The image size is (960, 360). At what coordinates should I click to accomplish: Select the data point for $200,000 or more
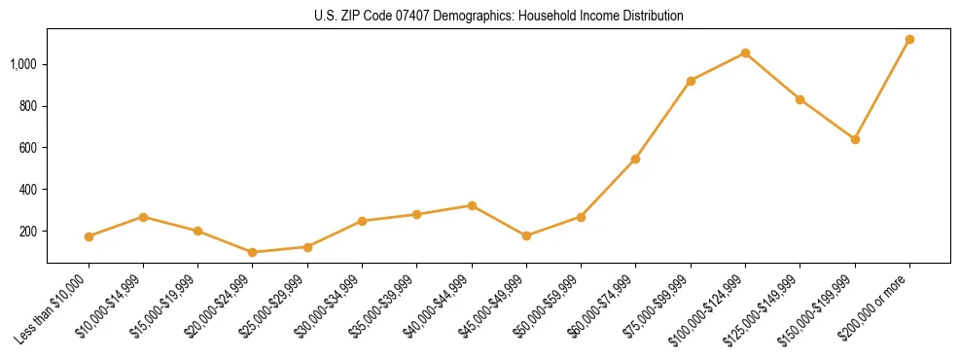[x=909, y=40]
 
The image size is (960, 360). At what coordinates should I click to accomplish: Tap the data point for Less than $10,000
[x=89, y=236]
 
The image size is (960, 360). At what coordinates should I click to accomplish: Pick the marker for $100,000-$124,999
[x=745, y=53]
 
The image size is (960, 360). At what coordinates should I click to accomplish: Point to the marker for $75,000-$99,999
[x=691, y=81]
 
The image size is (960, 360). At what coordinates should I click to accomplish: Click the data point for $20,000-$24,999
[x=253, y=252]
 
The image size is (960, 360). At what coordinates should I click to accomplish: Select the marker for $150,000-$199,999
[x=855, y=139]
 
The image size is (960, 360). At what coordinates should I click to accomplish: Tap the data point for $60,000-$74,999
[x=635, y=159]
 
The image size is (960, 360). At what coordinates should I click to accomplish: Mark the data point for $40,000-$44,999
[x=472, y=205]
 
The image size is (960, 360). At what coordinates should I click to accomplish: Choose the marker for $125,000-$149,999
[x=800, y=99]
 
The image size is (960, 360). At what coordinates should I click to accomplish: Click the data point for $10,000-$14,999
[x=143, y=217]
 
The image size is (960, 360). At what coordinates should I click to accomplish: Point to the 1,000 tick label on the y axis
[x=23, y=64]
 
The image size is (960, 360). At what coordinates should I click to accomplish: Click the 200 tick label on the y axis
[x=29, y=232]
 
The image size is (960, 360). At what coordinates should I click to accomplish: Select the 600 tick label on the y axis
[x=29, y=148]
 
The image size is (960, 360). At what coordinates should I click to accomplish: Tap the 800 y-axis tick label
[x=29, y=106]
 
